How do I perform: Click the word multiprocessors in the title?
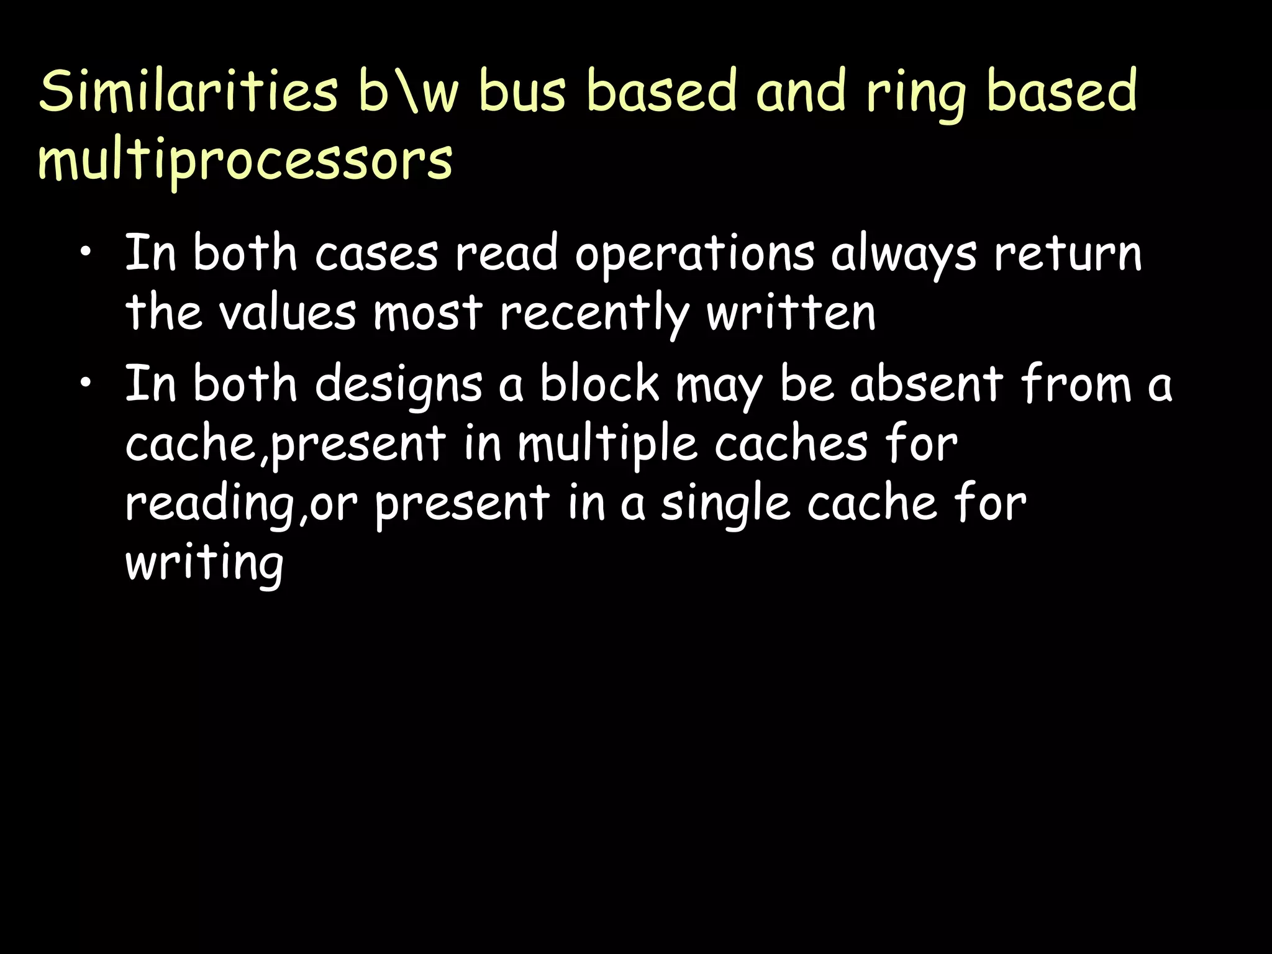(x=245, y=160)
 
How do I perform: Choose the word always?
(x=904, y=255)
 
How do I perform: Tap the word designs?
(x=398, y=385)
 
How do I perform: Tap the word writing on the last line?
(x=204, y=563)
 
